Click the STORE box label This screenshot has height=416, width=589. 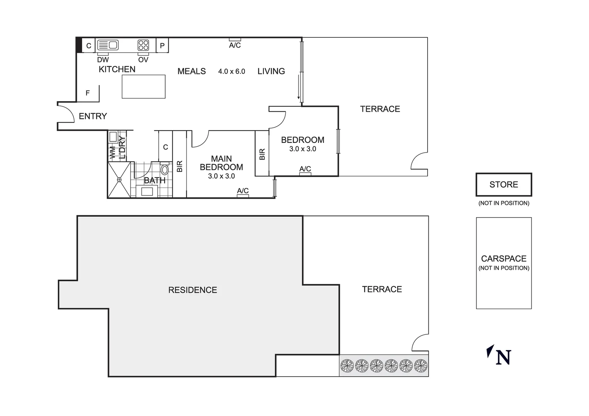(503, 185)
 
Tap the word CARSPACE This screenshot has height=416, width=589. (503, 258)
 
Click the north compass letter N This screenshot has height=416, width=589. (503, 357)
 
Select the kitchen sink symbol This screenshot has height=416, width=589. (107, 45)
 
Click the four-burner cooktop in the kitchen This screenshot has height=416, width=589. (143, 45)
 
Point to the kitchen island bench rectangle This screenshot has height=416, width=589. (144, 87)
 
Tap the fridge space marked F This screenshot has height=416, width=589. (88, 93)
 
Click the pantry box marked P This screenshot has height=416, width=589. (162, 45)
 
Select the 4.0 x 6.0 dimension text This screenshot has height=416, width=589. (232, 71)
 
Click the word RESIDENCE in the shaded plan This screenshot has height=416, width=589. (193, 290)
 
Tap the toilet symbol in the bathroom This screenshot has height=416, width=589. (164, 169)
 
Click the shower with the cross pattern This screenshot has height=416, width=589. (119, 179)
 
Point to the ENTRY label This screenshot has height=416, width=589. (93, 116)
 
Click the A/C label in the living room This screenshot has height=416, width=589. (235, 45)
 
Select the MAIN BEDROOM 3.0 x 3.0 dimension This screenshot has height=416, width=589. (222, 176)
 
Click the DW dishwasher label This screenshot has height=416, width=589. (103, 60)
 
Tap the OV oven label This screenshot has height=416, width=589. (143, 60)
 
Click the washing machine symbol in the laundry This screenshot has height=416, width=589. (113, 137)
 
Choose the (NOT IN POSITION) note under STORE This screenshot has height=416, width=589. (503, 203)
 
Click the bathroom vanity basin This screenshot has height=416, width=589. (147, 191)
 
